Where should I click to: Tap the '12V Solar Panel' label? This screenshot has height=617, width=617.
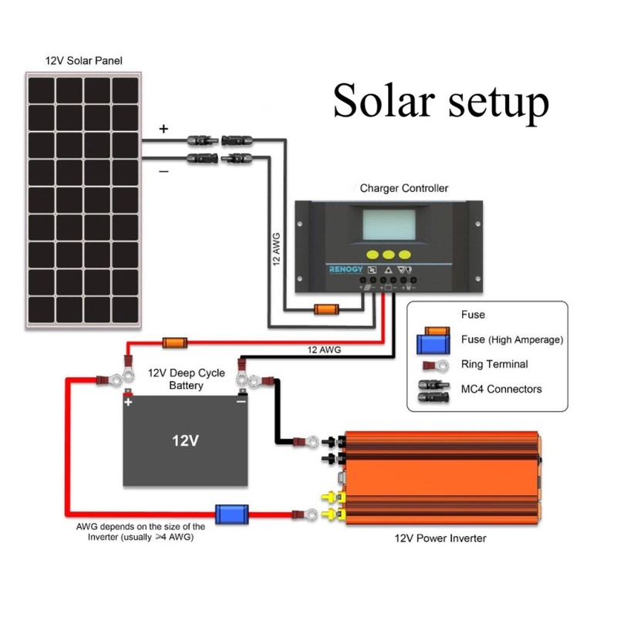(83, 59)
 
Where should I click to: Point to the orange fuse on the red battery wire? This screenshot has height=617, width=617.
(174, 342)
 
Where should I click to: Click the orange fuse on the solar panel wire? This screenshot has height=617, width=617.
(325, 311)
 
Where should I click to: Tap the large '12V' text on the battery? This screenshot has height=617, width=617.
(185, 441)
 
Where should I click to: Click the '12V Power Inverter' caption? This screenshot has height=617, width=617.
(440, 538)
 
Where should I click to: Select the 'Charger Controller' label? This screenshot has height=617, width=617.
(404, 188)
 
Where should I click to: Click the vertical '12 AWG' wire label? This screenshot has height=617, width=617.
(277, 248)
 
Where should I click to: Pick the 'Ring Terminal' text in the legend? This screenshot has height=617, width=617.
(494, 364)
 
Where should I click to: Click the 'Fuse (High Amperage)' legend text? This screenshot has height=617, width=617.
(512, 339)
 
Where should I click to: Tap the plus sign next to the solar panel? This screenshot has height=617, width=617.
(164, 130)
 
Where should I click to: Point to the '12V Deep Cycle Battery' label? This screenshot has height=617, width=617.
(185, 378)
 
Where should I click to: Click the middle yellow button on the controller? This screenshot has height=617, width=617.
(389, 255)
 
